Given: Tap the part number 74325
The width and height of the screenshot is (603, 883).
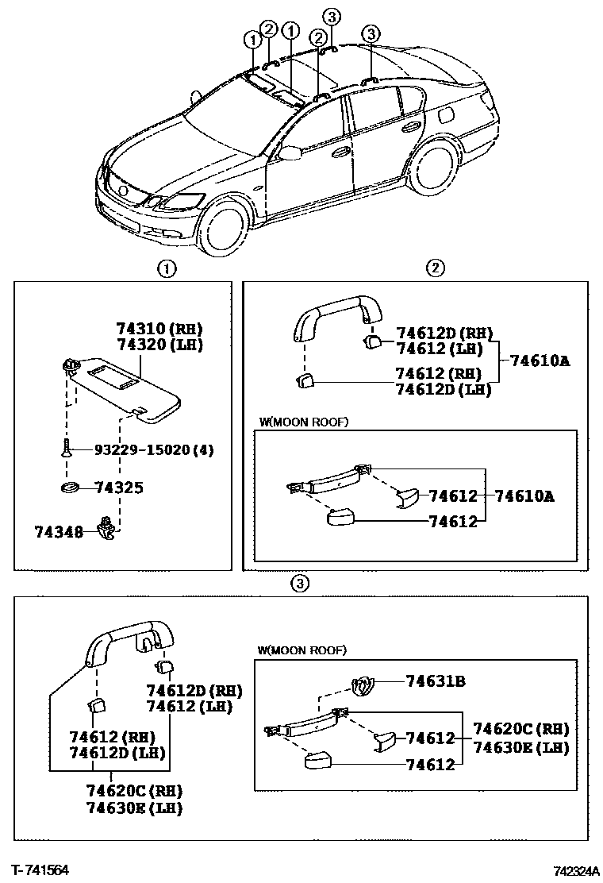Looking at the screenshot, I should click(118, 487).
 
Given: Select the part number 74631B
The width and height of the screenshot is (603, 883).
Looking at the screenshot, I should click(435, 681).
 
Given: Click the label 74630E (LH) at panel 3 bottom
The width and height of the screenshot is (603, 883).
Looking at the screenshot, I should click(135, 808).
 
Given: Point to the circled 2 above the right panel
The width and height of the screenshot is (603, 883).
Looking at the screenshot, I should click(435, 268).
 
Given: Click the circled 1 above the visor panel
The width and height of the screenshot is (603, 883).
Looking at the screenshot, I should click(166, 268).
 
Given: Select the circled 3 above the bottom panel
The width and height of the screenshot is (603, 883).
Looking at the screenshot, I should click(298, 584).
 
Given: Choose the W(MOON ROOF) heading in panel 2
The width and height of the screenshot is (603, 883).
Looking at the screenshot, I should click(303, 422).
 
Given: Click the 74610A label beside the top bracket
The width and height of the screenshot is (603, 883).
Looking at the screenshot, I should click(540, 361).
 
